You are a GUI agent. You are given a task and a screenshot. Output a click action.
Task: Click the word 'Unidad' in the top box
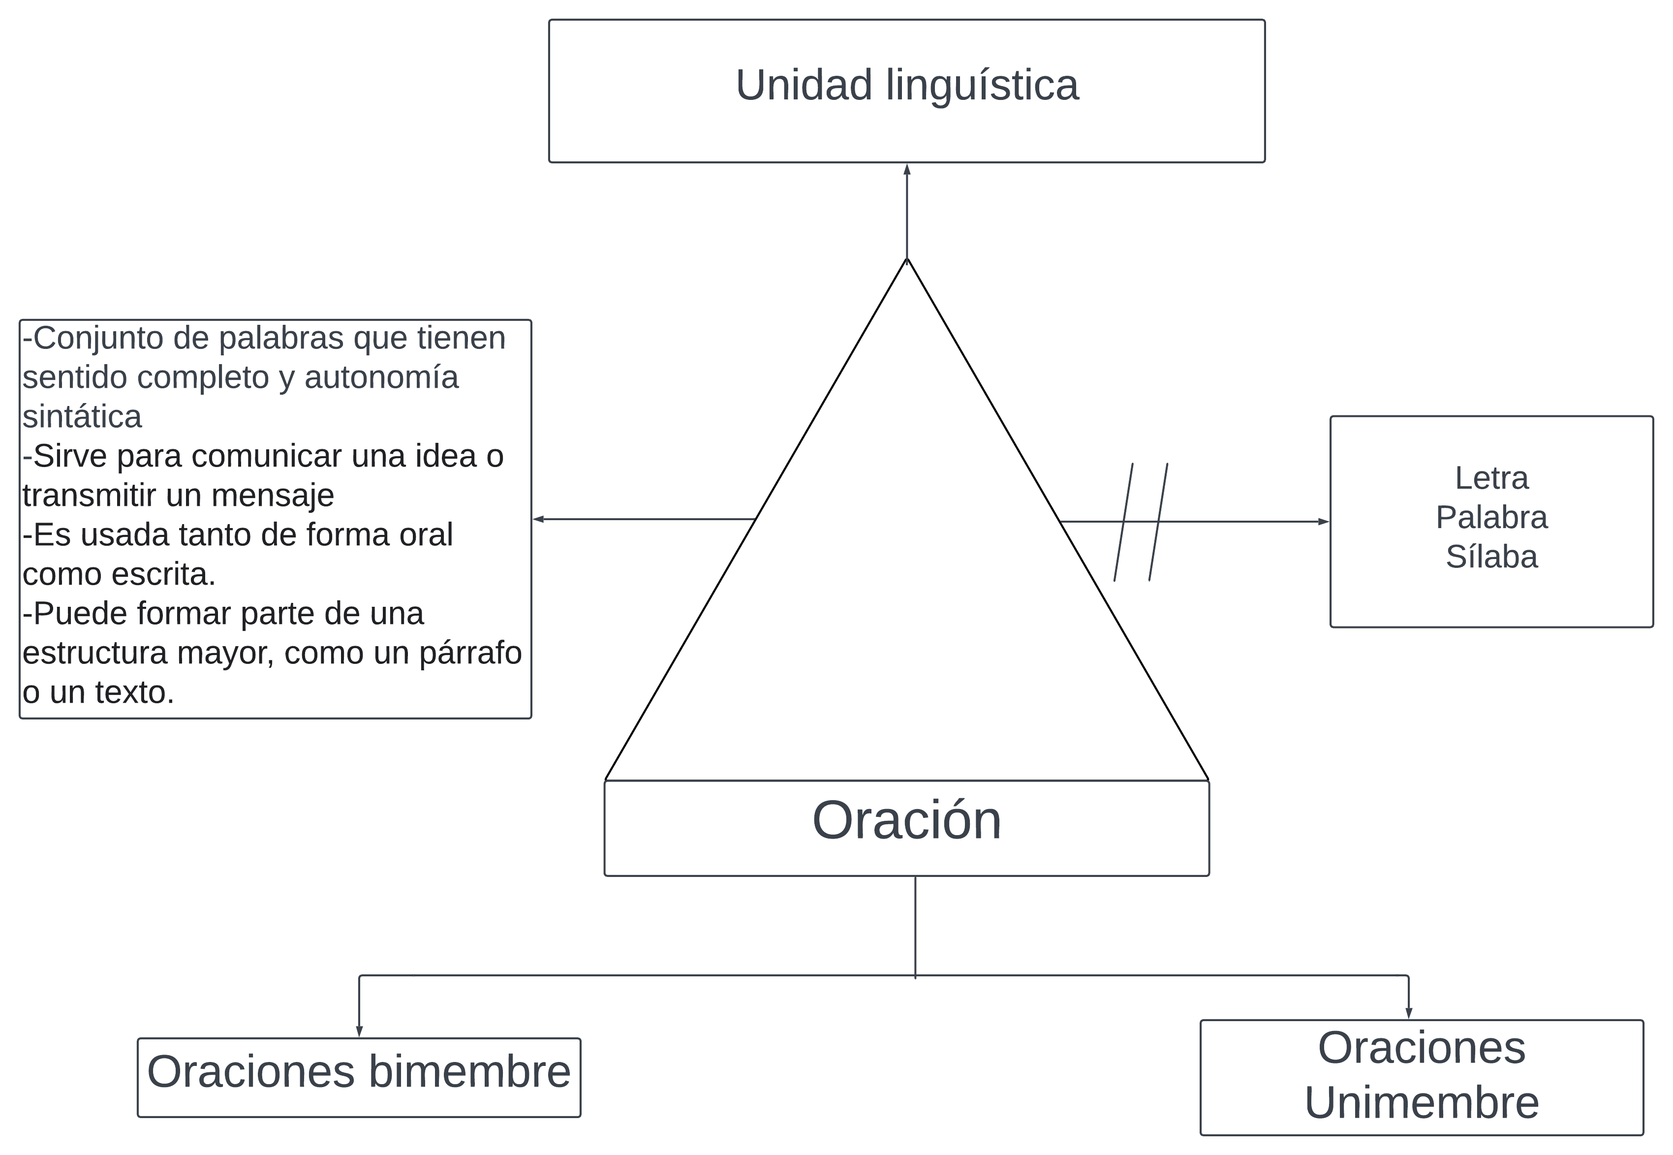pyautogui.click(x=803, y=86)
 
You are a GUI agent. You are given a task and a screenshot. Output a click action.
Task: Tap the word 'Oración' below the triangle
pyautogui.click(x=907, y=821)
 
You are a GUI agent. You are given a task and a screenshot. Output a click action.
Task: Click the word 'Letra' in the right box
pyautogui.click(x=1491, y=478)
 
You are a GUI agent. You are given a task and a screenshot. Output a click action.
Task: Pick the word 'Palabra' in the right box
pyautogui.click(x=1491, y=517)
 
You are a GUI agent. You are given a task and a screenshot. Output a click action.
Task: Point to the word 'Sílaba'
pyautogui.click(x=1491, y=557)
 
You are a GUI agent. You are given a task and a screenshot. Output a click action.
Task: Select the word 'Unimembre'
pyautogui.click(x=1421, y=1102)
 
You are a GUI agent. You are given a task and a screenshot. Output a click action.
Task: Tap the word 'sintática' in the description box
pyautogui.click(x=82, y=417)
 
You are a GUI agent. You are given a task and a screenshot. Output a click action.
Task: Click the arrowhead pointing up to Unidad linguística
pyautogui.click(x=907, y=169)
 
